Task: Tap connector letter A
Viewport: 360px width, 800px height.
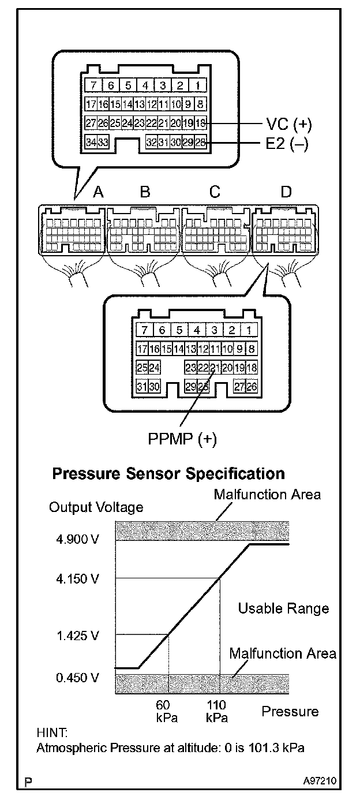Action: [x=98, y=192]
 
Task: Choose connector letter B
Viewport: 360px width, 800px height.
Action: [x=145, y=192]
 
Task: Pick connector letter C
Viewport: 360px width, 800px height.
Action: [x=215, y=192]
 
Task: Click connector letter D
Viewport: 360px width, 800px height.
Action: [x=286, y=192]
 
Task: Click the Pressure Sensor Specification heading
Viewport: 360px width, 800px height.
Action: [x=168, y=474]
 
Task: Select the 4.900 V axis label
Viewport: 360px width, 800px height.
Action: [x=78, y=540]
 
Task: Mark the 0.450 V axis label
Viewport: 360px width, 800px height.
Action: [x=78, y=677]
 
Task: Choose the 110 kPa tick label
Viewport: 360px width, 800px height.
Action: [x=217, y=711]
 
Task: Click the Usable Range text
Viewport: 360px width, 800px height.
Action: [x=283, y=608]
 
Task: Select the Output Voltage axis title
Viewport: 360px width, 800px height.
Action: [x=96, y=508]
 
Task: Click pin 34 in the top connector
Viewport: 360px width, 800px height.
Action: [x=90, y=143]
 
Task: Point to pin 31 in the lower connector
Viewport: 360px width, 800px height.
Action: [x=141, y=387]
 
